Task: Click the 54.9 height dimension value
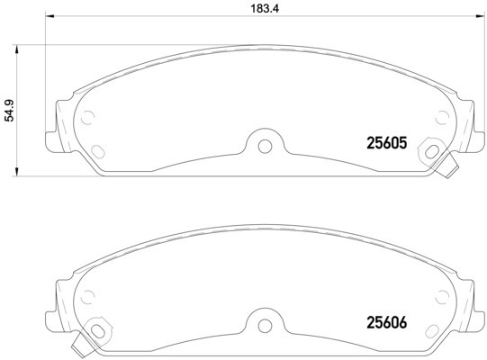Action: click(10, 110)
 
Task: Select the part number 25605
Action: click(387, 142)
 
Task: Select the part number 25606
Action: click(387, 319)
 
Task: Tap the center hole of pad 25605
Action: click(264, 145)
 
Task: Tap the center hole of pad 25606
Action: click(264, 322)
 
